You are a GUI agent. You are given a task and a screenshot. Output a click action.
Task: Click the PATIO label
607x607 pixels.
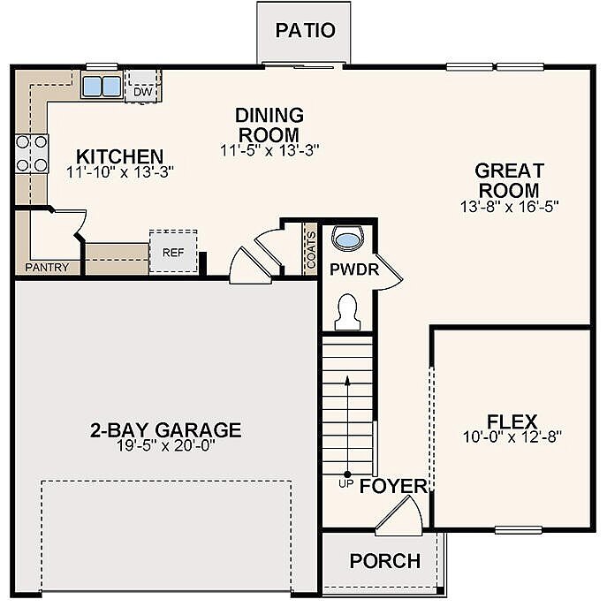(305, 30)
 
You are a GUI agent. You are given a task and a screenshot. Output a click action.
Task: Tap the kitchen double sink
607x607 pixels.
(102, 87)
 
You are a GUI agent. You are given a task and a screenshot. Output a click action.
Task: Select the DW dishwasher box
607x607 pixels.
(141, 88)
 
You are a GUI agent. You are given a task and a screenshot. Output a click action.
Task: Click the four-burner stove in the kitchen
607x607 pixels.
(31, 153)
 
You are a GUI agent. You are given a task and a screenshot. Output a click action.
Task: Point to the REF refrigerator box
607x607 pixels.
(172, 251)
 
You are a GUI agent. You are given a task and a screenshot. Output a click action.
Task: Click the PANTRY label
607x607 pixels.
(47, 267)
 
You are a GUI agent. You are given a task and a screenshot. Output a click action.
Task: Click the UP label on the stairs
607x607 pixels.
(346, 485)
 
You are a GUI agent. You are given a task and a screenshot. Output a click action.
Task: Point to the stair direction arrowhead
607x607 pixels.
(346, 378)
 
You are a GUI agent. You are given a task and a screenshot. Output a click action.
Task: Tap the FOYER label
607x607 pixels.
(394, 486)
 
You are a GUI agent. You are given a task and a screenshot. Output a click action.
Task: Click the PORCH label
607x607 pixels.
(384, 561)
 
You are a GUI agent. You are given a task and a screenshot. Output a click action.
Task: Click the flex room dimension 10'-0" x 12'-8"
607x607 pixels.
(512, 436)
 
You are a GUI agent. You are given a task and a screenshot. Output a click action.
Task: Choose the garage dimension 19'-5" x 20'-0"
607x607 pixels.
(165, 446)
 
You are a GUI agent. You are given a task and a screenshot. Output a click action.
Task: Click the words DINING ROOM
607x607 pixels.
(269, 124)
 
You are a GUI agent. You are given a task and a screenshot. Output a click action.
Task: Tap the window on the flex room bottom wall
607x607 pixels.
(518, 530)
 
